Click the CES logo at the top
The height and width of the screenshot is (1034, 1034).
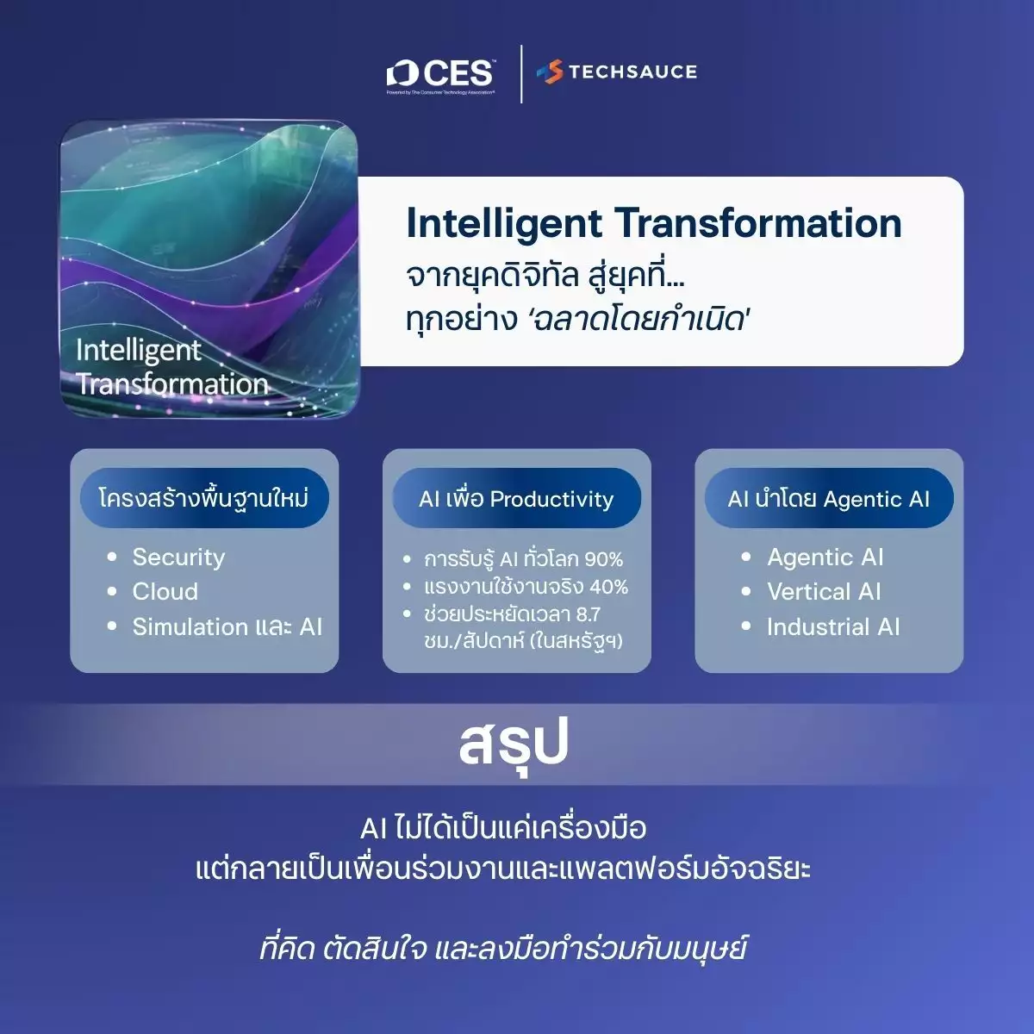(440, 76)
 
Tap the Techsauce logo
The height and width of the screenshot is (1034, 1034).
(617, 72)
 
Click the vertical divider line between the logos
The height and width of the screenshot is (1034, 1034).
(521, 74)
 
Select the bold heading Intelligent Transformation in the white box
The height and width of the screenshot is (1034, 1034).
(654, 224)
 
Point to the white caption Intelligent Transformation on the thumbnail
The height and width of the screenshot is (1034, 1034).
(171, 367)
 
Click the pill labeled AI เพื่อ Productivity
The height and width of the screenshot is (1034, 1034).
(517, 499)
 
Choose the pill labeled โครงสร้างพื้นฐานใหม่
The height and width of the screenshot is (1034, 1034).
(204, 499)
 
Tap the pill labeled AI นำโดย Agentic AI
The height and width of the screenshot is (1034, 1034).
(829, 499)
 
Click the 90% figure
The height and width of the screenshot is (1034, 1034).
(604, 560)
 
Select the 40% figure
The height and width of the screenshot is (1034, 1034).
(608, 587)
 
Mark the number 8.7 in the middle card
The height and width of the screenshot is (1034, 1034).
(589, 614)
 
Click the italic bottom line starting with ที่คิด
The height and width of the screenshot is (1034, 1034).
(502, 949)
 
